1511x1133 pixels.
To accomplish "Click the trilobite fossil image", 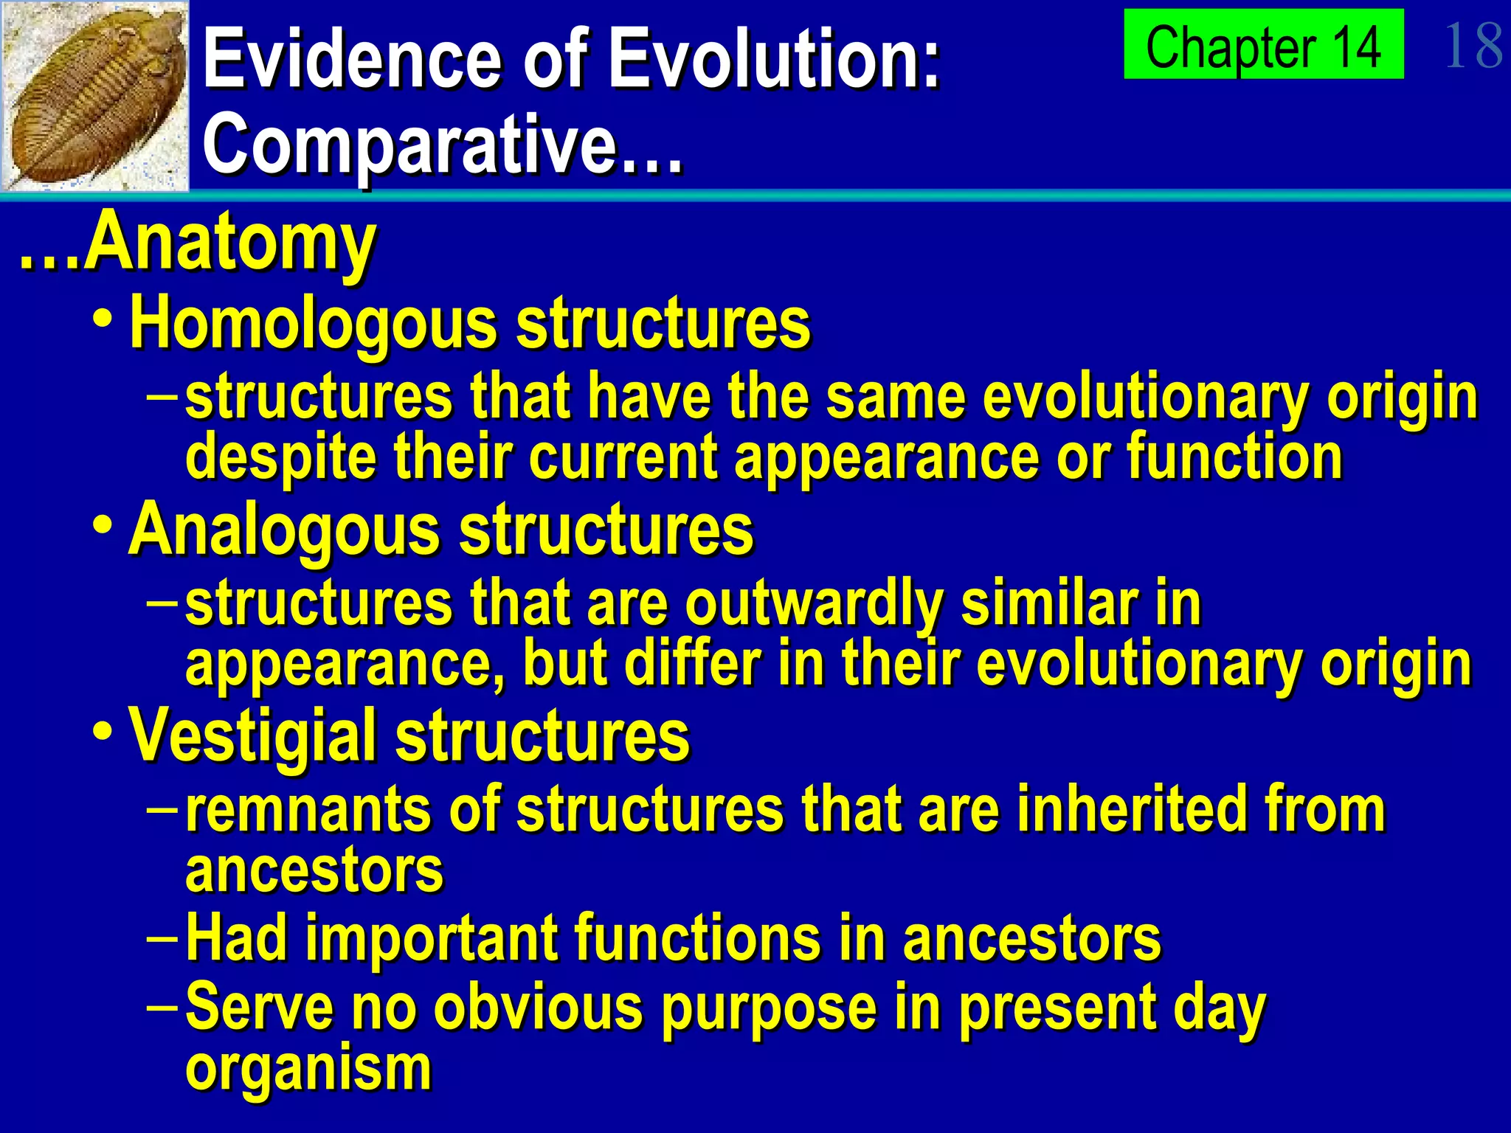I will tap(94, 96).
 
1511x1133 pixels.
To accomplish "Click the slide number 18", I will tap(1473, 46).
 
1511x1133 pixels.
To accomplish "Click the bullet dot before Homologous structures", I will tap(103, 321).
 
